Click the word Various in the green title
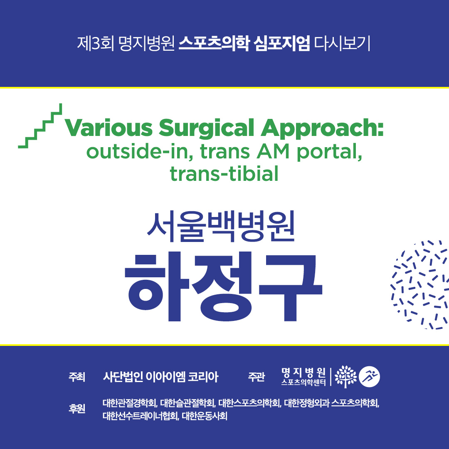coord(109,128)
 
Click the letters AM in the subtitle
coord(273,151)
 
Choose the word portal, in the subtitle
coord(329,152)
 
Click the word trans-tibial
coord(224,173)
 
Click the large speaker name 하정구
coord(224,286)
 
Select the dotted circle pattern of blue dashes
coord(419,284)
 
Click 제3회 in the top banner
coord(96,43)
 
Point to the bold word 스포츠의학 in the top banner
coord(214,43)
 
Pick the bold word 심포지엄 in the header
coord(282,43)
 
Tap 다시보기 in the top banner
coord(343,43)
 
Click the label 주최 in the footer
coord(77,377)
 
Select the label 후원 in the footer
coord(77,408)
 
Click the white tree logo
coord(345,377)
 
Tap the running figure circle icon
coord(370,377)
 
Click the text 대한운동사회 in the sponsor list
coord(205,416)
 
